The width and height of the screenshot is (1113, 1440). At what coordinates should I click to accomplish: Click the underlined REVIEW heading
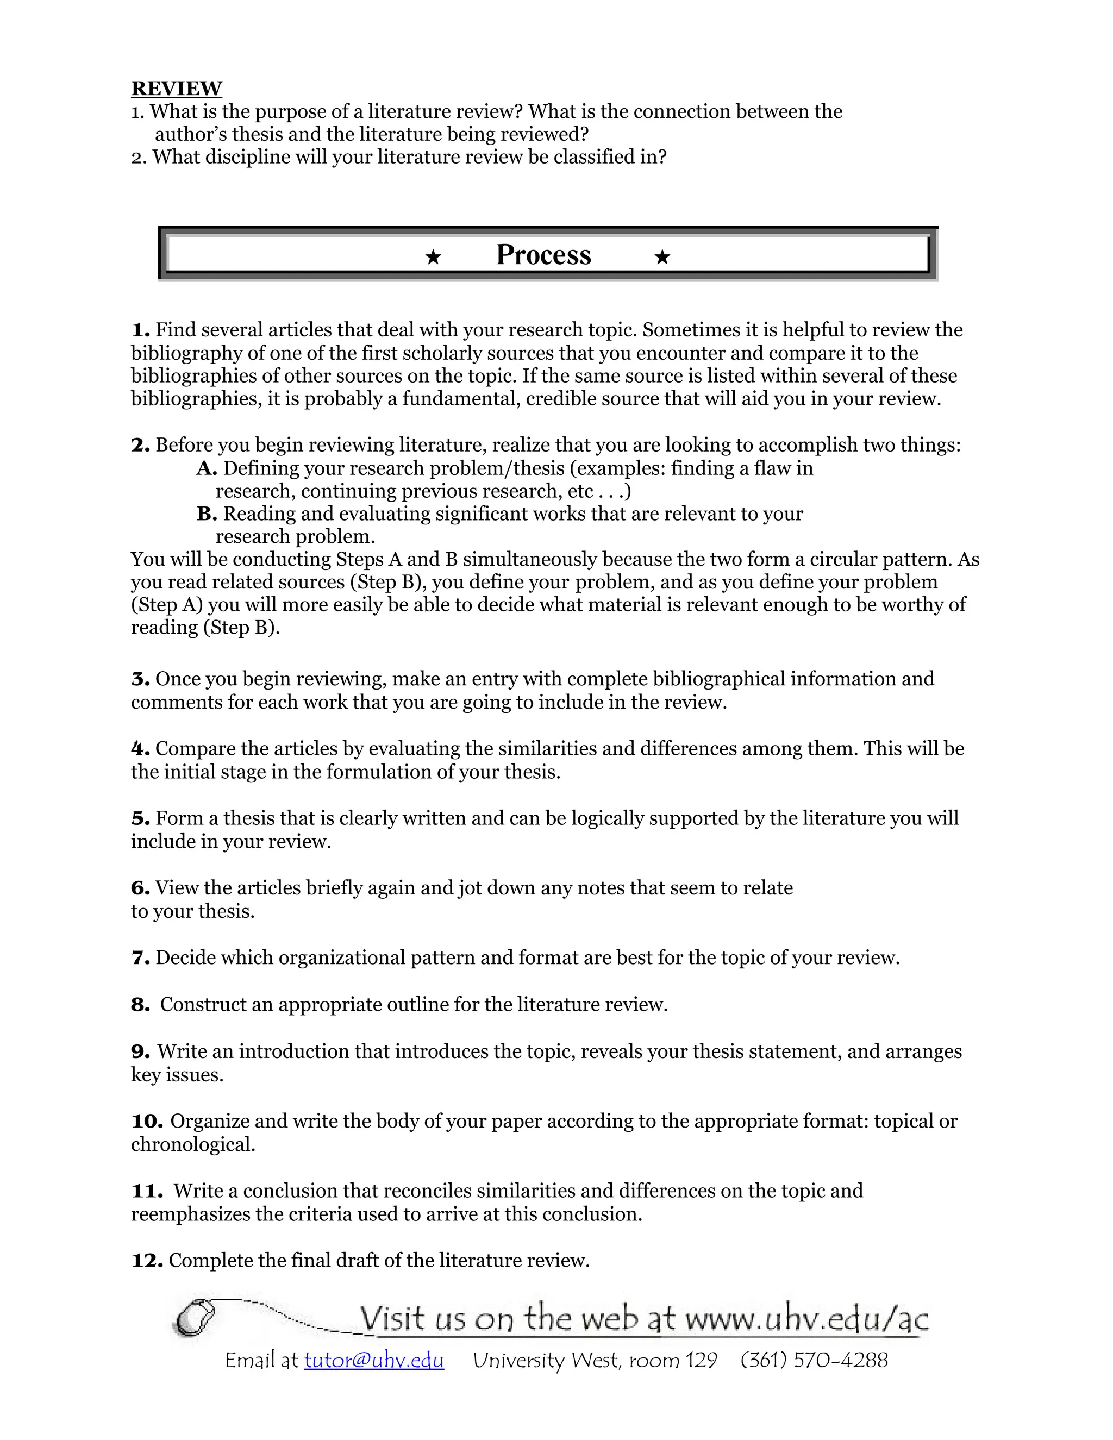(x=176, y=89)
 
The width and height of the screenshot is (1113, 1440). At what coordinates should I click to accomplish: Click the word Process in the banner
(x=543, y=255)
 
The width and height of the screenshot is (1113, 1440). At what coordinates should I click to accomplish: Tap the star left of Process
(x=433, y=257)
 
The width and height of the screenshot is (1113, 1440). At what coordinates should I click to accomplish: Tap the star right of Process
(x=662, y=257)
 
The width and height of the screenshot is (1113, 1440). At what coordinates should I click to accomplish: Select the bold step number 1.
(x=140, y=330)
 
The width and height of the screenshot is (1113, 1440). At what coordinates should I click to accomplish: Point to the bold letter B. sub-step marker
(x=207, y=514)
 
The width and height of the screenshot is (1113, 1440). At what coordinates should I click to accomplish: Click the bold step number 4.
(x=140, y=748)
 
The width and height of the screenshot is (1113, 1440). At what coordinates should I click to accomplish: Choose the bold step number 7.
(x=140, y=957)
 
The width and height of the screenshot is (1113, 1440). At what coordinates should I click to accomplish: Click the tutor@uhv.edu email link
(x=374, y=1360)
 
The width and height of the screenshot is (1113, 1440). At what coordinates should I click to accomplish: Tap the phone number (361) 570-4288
(x=814, y=1360)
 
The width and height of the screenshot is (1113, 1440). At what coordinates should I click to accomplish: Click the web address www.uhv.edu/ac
(x=806, y=1320)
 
